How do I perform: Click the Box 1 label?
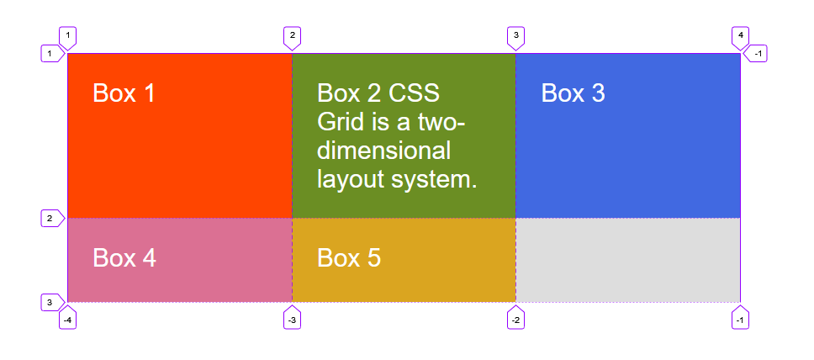tap(124, 93)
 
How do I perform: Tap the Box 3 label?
tap(573, 93)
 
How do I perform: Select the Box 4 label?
tap(124, 257)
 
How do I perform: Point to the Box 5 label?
tap(349, 257)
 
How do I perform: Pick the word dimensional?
tap(383, 151)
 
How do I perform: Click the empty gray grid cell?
tap(627, 260)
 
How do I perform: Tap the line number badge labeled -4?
tap(67, 318)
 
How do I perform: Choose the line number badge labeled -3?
tap(293, 318)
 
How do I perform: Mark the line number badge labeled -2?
tap(515, 318)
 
